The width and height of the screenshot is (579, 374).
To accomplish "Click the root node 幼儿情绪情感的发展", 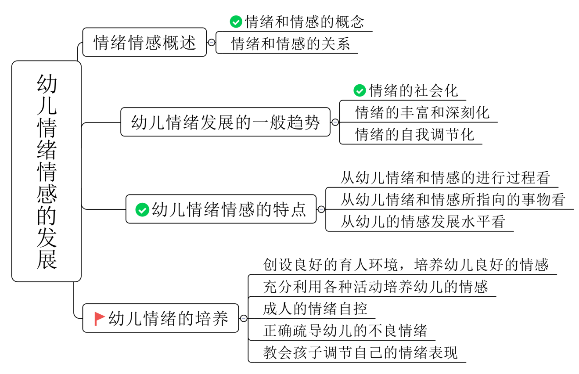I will point(47,171).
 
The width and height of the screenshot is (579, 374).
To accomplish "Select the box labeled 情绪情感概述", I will point(144,43).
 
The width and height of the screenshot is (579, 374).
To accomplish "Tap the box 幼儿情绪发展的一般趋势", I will point(225,122).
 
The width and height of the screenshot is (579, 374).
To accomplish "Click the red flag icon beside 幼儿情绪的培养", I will point(100,318).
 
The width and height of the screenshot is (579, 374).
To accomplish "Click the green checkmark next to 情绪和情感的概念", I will point(236,22).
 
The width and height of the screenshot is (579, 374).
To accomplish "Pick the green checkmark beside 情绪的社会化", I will point(360,90).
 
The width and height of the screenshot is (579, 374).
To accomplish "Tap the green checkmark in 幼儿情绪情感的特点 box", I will point(142,209).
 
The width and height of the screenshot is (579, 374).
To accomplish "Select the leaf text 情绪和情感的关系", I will point(291,43).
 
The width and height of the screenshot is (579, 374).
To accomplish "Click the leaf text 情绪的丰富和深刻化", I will point(422,112).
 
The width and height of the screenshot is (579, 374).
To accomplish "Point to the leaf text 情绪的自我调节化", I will point(415,134).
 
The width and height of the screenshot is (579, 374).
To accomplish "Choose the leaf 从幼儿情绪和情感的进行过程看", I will point(445,178).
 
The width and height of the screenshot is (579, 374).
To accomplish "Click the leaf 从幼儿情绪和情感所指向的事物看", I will point(453,200).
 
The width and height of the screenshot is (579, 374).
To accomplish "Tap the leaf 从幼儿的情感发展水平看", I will point(423,222).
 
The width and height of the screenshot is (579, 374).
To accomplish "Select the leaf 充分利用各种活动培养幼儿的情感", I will point(375,287).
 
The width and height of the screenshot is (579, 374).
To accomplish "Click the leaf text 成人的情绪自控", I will point(315,309).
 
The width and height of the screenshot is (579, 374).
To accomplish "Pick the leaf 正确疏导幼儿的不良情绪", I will point(345,331).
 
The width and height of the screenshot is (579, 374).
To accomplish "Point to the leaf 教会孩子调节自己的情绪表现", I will point(360,352).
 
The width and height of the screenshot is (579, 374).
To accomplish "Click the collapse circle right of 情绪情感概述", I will point(211,43).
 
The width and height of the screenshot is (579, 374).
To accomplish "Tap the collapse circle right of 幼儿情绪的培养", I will point(244,319).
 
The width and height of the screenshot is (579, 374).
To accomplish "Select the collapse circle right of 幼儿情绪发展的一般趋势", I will point(335,122).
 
